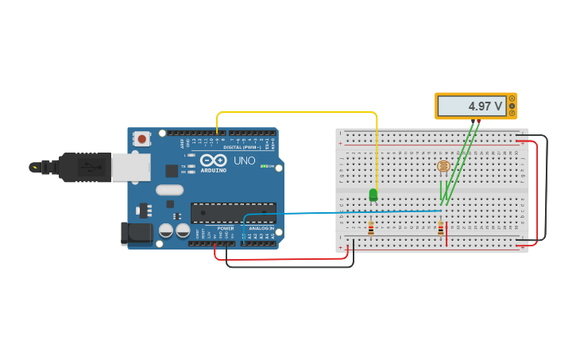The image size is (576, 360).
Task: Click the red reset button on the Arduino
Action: tap(141, 138)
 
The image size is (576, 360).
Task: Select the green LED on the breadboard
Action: tap(373, 194)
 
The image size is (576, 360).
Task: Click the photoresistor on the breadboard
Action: tap(443, 166)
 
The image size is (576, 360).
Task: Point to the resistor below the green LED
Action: tap(371, 229)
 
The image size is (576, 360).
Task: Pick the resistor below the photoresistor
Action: tap(441, 229)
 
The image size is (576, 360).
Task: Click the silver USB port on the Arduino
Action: tap(130, 167)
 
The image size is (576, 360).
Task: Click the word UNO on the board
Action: tap(245, 161)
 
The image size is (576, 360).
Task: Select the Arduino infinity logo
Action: tap(213, 161)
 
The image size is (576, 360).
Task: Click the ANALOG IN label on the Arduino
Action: tap(261, 228)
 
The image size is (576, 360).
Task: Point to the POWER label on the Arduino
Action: tap(226, 228)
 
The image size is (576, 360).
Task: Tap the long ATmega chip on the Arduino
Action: tap(233, 212)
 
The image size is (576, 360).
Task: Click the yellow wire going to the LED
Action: tap(298, 112)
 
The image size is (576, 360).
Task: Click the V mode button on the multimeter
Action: tap(512, 106)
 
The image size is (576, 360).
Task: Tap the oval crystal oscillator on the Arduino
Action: tap(169, 190)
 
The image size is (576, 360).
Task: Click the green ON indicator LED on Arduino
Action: tap(263, 166)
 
